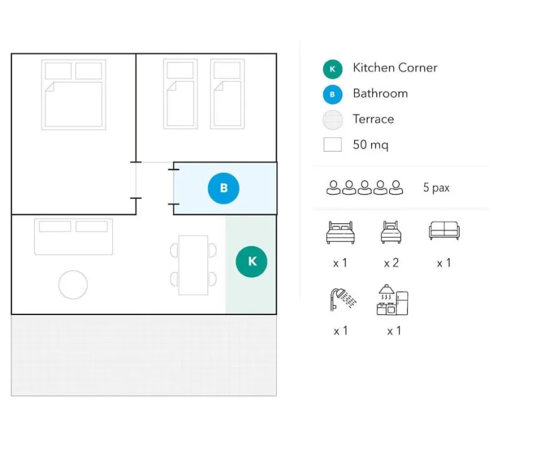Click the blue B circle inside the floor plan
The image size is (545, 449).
click(223, 188)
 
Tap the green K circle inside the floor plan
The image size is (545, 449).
click(251, 262)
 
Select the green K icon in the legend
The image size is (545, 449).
click(332, 69)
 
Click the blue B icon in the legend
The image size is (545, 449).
click(332, 94)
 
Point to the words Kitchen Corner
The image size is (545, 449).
click(395, 67)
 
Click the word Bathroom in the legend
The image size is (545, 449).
click(380, 93)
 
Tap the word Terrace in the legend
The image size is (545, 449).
click(374, 119)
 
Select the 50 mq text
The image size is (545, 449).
click(370, 145)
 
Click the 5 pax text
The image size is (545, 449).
click(436, 188)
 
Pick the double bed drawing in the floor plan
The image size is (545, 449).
click(74, 95)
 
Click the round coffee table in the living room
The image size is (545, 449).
click(73, 284)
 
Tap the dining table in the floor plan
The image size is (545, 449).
click(193, 265)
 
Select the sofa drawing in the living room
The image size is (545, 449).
click(74, 237)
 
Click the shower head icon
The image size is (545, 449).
click(343, 299)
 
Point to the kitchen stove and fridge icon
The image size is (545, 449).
click(392, 300)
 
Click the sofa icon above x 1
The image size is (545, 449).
click(444, 230)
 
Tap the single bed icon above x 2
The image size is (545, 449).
click(391, 232)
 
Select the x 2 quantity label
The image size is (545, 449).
click(392, 263)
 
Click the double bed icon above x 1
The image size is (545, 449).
click(340, 232)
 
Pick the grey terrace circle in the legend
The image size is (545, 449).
click(332, 120)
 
